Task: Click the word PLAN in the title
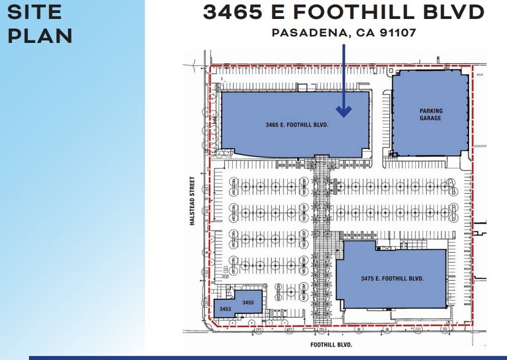point(40,35)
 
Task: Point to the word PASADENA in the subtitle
point(308,32)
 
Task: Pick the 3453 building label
point(225,309)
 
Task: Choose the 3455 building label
point(248,302)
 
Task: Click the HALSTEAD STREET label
point(192,201)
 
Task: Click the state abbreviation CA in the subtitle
point(357,32)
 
